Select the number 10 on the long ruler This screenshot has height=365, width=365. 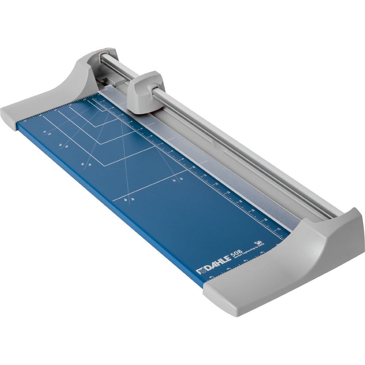coord(193,168)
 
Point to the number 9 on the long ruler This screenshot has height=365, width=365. coord(181,159)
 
